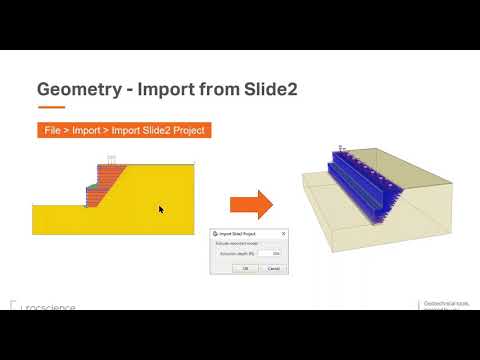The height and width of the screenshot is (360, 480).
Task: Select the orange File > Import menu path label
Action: (124, 130)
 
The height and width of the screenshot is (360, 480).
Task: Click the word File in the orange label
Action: (53, 130)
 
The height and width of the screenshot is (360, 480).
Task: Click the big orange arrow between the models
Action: (251, 206)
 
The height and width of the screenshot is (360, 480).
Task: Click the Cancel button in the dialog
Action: (273, 268)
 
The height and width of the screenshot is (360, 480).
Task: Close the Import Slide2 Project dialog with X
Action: (282, 234)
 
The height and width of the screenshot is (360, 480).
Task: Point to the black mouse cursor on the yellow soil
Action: (160, 209)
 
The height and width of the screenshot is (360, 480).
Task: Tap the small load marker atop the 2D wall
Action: (113, 159)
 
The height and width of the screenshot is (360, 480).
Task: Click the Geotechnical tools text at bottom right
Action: (445, 304)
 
